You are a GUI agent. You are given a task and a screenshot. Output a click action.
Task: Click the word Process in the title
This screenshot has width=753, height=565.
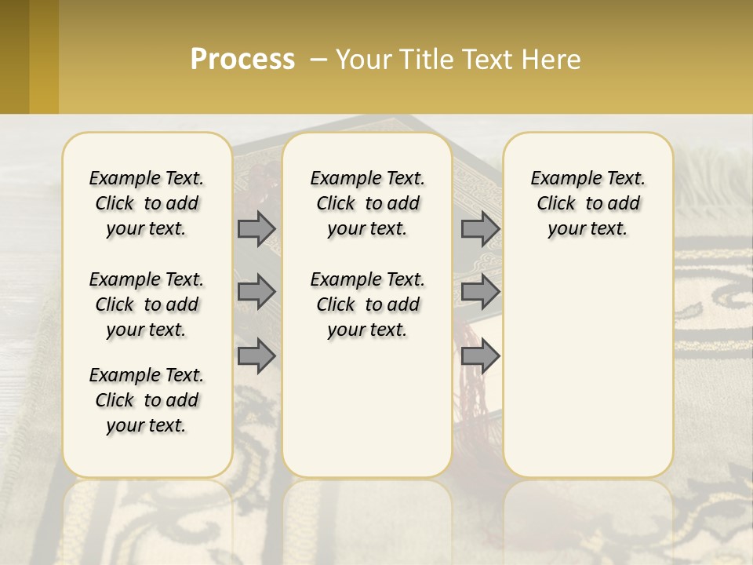[x=242, y=60]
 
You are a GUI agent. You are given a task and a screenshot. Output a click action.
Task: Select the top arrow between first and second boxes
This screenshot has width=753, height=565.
[x=256, y=228]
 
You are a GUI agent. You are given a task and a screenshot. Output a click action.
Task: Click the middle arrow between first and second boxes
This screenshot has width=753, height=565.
[x=256, y=292]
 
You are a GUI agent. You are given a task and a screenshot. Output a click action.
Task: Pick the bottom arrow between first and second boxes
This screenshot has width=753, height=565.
[x=256, y=355]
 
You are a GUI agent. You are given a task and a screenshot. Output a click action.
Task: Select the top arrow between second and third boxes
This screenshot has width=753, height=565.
[x=480, y=228]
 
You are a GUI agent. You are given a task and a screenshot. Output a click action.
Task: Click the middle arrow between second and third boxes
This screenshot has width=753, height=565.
[x=480, y=292]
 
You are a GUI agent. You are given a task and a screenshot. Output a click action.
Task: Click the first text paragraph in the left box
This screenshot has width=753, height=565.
[x=147, y=203]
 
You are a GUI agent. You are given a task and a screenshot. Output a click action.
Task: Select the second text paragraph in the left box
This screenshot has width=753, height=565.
[x=147, y=304]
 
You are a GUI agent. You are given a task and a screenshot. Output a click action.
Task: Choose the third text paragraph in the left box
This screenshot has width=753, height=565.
[x=147, y=400]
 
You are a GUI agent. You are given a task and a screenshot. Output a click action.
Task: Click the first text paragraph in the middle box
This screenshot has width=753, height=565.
[x=367, y=203]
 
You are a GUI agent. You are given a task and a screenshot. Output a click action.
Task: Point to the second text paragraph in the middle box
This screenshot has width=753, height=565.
[x=367, y=304]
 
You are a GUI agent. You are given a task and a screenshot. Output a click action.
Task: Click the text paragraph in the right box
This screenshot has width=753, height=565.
[x=587, y=203]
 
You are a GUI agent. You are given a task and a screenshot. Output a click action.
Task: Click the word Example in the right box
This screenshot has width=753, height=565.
[x=559, y=179]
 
